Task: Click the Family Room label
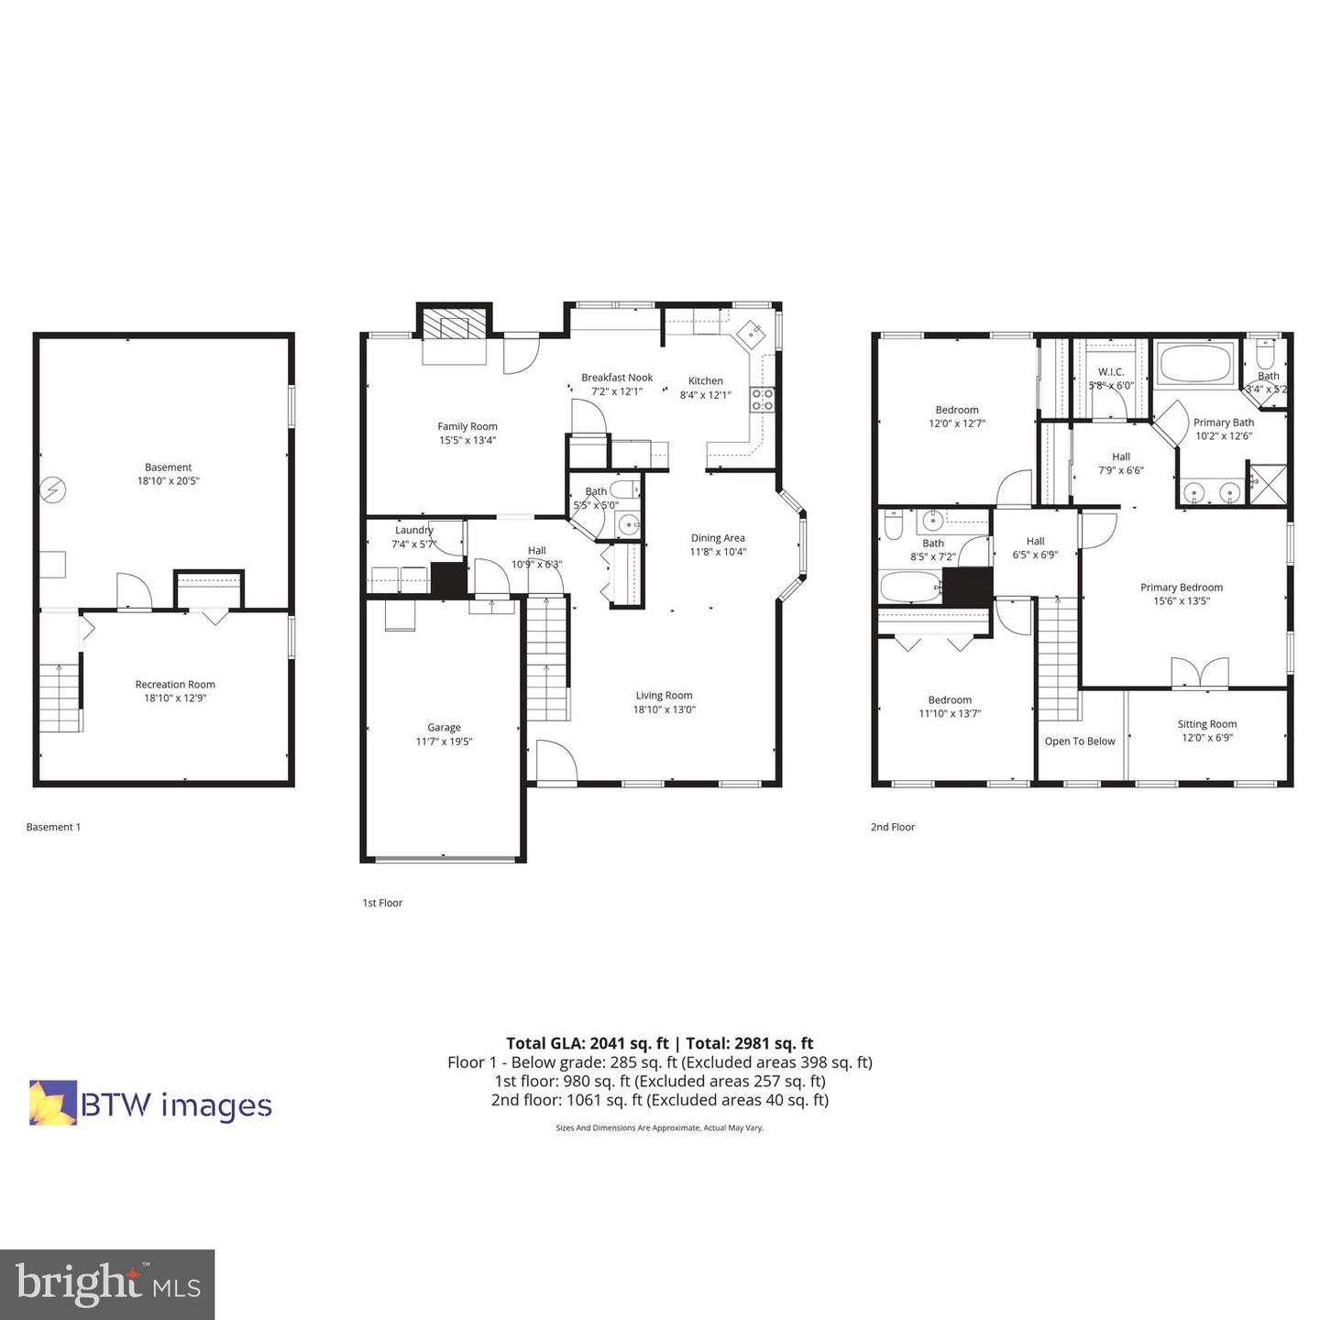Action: tap(467, 426)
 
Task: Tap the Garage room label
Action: tap(444, 728)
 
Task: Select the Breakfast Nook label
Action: tap(617, 378)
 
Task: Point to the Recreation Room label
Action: tap(175, 685)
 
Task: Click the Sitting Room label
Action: tap(1207, 724)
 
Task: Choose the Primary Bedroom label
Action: tap(1182, 588)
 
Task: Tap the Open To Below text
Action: tap(1080, 742)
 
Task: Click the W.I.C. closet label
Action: tap(1111, 372)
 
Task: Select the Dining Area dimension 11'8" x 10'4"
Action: tap(718, 552)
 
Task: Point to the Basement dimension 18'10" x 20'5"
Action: tap(169, 481)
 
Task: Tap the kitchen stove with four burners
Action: tap(763, 399)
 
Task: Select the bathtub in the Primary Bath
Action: tap(1196, 365)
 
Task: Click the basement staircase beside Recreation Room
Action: tap(60, 698)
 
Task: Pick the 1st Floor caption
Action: tap(382, 903)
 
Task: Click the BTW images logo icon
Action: tap(53, 1103)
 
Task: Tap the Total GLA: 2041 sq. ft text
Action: tap(587, 1043)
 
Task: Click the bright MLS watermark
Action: tap(107, 1284)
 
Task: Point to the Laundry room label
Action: tap(414, 530)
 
